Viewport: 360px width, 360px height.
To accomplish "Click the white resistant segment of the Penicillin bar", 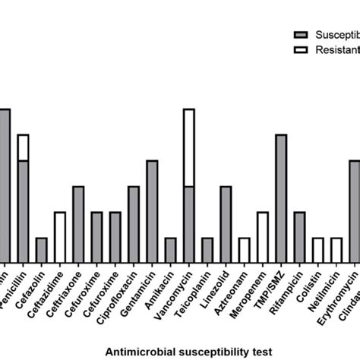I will (23, 147).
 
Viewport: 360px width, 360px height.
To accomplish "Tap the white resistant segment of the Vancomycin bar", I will (189, 148).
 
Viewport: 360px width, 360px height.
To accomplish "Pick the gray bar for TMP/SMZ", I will (281, 198).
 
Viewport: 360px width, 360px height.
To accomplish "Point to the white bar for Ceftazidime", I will (60, 237).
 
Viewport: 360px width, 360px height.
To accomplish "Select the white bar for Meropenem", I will (262, 237).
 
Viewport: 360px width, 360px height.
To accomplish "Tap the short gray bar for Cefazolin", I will (41, 250).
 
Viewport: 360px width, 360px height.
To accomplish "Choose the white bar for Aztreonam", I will (244, 250).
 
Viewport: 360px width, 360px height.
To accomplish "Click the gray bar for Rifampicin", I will (299, 237).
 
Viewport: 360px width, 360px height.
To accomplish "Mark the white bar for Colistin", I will (317, 250).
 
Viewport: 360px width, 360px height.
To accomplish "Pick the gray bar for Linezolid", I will (226, 224).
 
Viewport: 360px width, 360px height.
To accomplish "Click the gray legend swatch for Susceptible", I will (300, 34).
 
